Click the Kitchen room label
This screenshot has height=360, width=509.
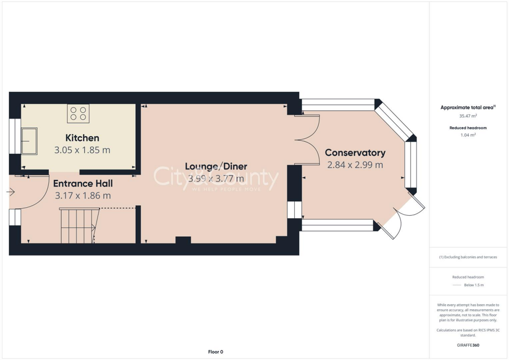coord(83,138)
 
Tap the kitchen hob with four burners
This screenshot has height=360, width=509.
coord(78,113)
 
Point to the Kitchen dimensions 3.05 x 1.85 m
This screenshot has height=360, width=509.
coord(83,150)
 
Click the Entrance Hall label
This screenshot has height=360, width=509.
coord(83,183)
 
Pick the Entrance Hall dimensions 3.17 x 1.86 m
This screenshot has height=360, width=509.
coord(83,195)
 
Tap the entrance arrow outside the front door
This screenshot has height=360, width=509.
coord(11,191)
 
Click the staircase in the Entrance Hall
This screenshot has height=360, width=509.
coord(78,226)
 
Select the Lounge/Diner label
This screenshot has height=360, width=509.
coord(216,166)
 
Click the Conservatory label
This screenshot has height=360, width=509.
coord(355,153)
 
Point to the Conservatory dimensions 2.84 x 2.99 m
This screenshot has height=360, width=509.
coord(355,165)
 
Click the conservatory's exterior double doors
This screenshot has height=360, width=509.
coord(404,219)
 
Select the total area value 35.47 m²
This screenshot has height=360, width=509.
coord(468,116)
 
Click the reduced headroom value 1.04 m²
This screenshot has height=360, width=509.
coord(468,135)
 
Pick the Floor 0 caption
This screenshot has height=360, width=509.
coord(215,352)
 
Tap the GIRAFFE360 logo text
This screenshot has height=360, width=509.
coord(468,345)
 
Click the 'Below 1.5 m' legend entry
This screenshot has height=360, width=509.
coord(474,285)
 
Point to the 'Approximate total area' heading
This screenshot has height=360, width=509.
coord(467,107)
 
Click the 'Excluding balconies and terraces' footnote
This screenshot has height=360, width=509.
coord(468,257)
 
